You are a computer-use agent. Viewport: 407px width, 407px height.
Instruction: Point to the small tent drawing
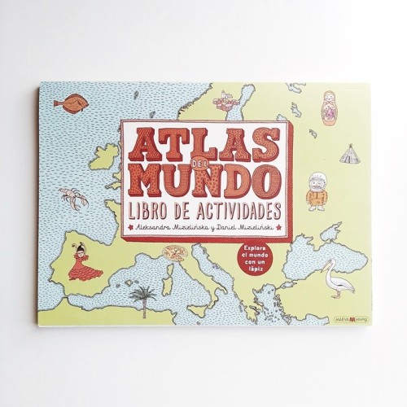(349, 152)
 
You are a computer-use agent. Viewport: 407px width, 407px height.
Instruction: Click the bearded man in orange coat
(316, 192)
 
